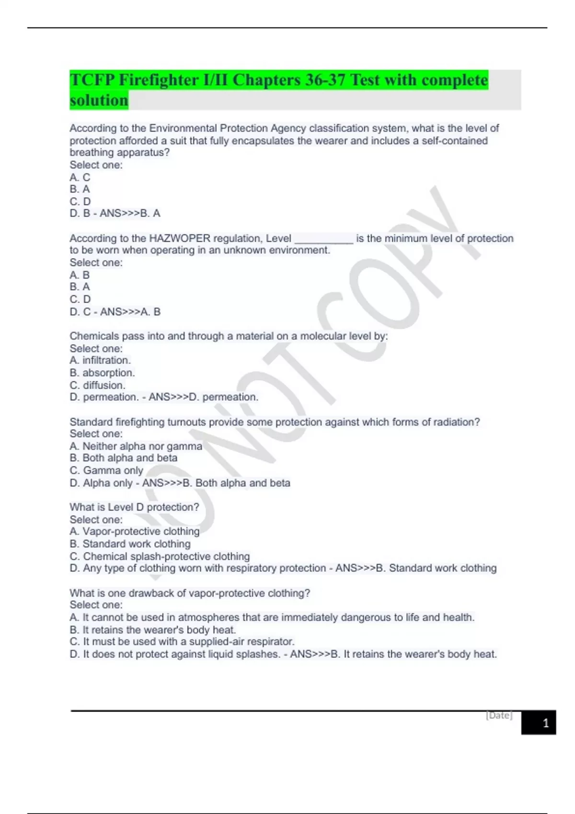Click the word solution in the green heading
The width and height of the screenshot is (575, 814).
pos(99,100)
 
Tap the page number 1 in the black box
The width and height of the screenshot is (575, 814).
pos(545,723)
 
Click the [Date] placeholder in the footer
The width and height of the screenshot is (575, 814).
pos(499,715)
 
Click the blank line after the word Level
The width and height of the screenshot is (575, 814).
pos(323,239)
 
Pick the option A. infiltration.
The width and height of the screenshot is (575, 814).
pos(100,360)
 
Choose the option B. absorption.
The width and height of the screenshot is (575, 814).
pos(102,373)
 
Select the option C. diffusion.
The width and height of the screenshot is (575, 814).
pos(97,385)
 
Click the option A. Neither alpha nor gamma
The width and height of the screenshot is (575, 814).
pos(136,446)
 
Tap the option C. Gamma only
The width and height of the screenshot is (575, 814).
pos(106,470)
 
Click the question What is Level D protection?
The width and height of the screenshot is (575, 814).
pos(134,507)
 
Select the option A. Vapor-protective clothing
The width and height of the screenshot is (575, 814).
pos(135,531)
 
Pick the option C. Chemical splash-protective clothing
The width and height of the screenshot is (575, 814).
pos(160,556)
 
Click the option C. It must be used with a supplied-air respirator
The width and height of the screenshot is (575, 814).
pos(182,642)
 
